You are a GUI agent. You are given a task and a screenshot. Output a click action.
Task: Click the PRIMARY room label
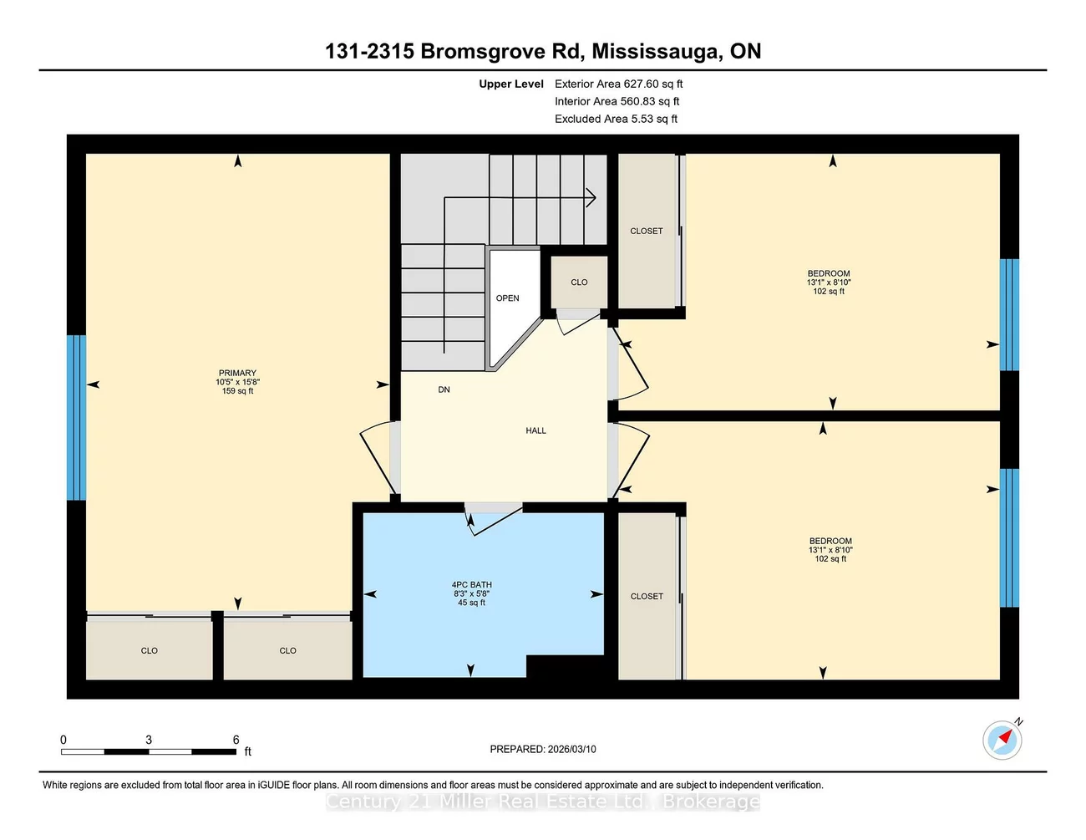coord(238,374)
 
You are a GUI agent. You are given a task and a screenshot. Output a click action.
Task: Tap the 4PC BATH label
coord(472,585)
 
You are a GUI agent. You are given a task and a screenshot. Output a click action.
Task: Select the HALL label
coord(535,431)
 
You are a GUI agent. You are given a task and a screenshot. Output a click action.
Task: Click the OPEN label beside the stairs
coord(508,298)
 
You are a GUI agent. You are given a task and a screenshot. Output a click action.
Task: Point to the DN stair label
coord(444,389)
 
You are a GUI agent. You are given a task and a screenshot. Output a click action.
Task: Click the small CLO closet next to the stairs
coord(579,283)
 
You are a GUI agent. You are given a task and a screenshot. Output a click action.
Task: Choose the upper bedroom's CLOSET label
coord(647,232)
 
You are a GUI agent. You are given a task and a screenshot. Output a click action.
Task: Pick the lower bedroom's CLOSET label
coord(647,597)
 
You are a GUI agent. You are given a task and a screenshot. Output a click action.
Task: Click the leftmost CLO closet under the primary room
coord(150,650)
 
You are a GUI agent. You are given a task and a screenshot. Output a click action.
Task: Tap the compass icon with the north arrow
coord(1002,740)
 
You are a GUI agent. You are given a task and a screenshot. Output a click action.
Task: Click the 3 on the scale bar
coord(149,740)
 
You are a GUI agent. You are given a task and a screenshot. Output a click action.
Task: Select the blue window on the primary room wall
coord(77,417)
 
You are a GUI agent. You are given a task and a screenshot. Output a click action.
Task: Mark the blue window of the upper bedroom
coord(1009,314)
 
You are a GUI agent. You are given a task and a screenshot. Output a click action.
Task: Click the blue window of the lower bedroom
coord(1009,537)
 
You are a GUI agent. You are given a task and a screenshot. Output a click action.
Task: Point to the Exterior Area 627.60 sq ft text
coord(618,84)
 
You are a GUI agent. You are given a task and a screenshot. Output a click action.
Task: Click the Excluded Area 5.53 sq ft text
coord(616,119)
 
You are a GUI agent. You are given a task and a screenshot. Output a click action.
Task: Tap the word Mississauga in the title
coord(656,51)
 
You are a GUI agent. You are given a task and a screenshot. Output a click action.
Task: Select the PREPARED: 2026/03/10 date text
coord(543,750)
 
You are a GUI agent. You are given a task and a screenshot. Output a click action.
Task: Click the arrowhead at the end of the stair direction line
coord(591,198)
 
